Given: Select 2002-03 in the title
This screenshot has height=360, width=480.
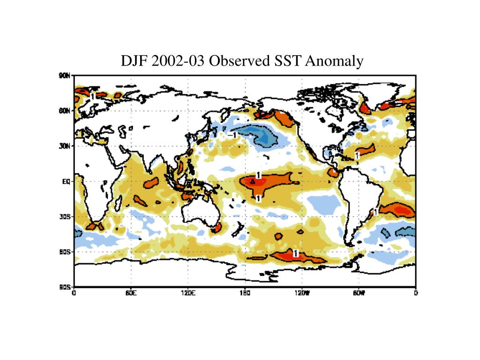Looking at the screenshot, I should tap(179, 61).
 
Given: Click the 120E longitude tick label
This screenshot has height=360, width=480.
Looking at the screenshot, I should tap(188, 293).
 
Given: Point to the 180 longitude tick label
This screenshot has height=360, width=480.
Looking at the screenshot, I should tap(244, 293).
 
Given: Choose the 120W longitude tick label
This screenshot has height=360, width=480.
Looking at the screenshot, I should tap(301, 293).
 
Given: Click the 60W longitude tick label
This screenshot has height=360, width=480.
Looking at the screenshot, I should tap(359, 293).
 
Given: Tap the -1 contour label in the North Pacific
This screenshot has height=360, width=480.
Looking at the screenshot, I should tap(232, 135).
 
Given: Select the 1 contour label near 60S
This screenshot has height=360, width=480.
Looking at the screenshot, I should tap(295, 253).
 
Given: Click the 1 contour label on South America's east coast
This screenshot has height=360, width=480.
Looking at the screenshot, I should tap(375, 212).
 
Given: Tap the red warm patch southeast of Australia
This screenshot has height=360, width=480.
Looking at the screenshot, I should tap(217, 228).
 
